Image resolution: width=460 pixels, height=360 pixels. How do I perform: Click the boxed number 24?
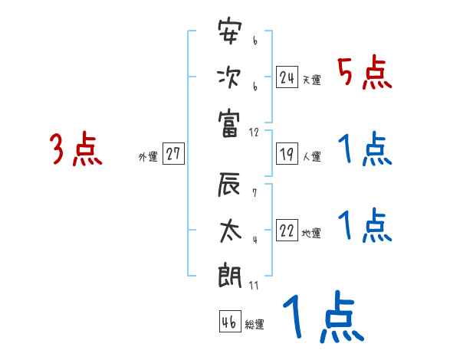[x=287, y=77]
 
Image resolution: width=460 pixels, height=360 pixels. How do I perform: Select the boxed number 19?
[x=287, y=155]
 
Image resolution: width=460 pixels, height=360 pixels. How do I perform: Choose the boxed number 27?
[x=173, y=155]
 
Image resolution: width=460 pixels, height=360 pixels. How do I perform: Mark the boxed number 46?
[x=229, y=322]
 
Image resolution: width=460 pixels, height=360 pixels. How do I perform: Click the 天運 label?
[x=312, y=80]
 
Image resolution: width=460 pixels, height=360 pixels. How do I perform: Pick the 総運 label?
[x=255, y=325]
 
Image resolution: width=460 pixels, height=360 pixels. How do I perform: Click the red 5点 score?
[x=365, y=73]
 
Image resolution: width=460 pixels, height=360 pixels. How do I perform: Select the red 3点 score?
[x=76, y=149]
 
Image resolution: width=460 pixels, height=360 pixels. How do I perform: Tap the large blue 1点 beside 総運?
[x=322, y=319]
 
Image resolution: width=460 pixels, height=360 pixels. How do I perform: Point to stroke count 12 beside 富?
[x=255, y=132]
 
